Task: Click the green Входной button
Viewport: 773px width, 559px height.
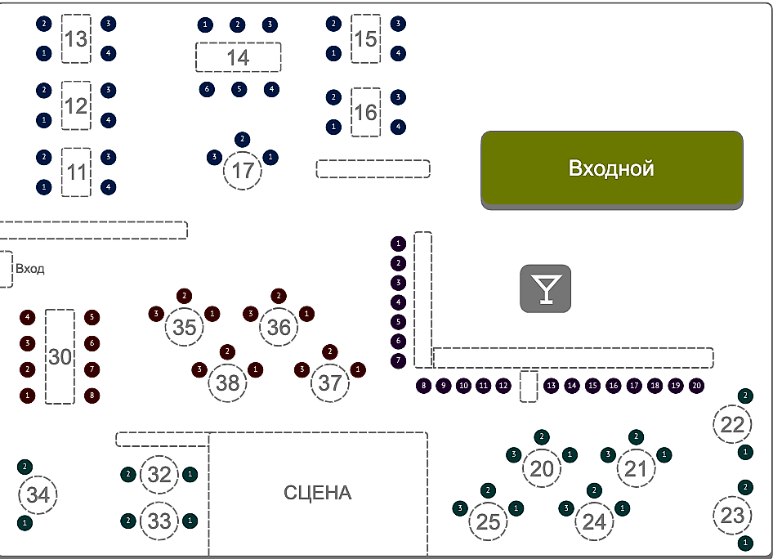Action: pos(611,168)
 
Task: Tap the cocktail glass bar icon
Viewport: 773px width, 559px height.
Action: pos(546,288)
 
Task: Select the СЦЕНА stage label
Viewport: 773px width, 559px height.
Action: pos(318,493)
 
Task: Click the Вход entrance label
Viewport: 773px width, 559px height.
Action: pos(30,268)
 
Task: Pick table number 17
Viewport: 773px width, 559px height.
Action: pos(243,172)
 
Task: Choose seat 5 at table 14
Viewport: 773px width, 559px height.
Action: pos(239,89)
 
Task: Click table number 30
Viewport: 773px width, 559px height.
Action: pos(60,356)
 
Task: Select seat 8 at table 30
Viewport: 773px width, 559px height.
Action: pos(92,396)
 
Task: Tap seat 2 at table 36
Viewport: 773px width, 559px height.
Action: pos(279,295)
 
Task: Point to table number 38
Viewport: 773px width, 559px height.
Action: pos(227,382)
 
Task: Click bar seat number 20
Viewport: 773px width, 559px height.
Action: pos(696,385)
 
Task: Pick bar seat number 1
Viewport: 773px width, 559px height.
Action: pos(398,244)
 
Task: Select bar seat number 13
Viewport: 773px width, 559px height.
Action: pos(551,385)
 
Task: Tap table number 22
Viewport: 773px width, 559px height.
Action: pos(733,424)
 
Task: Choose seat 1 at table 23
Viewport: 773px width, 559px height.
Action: pos(745,543)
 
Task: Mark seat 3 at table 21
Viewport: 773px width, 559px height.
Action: pos(608,454)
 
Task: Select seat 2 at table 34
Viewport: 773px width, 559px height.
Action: pos(25,467)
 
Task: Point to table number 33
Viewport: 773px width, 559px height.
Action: pos(159,521)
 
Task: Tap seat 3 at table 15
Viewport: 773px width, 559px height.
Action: pos(398,23)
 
